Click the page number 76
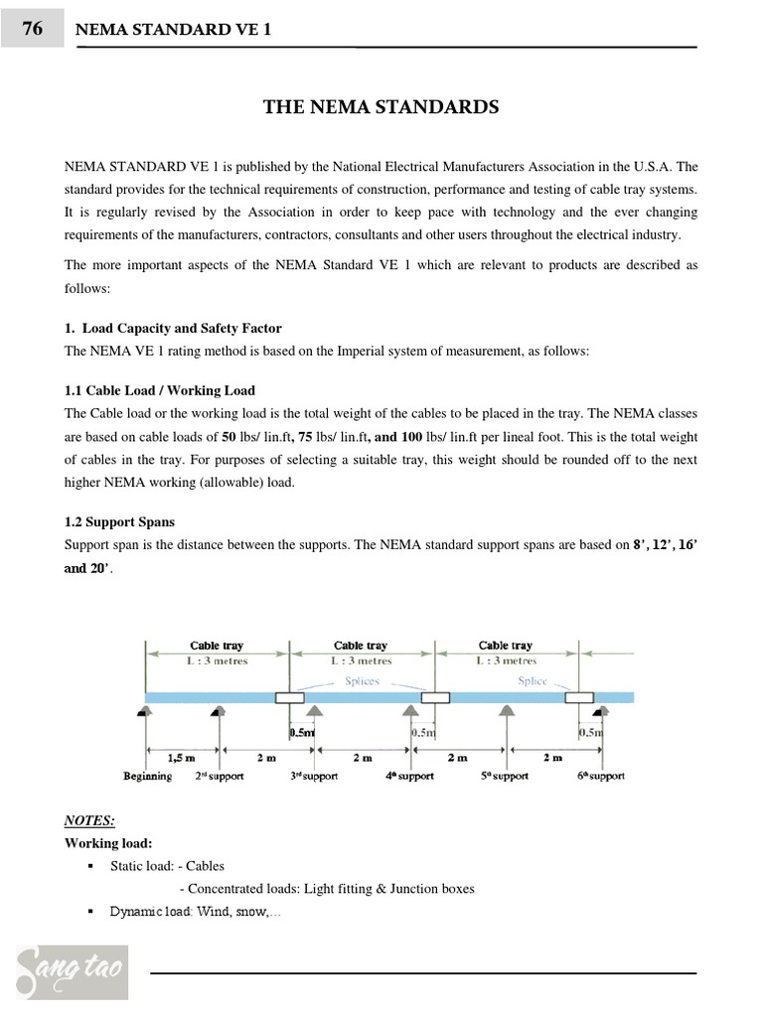pos(32,29)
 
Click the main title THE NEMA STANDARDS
pos(381,106)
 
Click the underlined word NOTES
pos(89,820)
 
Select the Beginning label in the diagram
pos(147,776)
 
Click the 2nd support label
pos(219,776)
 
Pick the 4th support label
pos(409,776)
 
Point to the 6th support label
pos(599,776)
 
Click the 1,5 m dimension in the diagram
pos(181,757)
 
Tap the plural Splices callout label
pos(363,681)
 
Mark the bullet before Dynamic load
pos(91,912)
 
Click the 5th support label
pos(506,776)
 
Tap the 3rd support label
pos(314,776)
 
